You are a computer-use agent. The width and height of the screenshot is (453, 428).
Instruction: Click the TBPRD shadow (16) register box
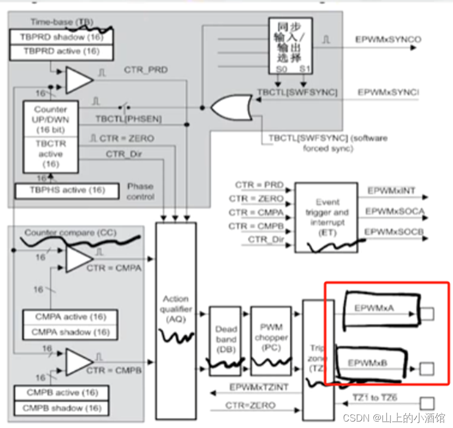point(62,37)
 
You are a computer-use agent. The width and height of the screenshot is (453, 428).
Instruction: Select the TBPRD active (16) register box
point(62,51)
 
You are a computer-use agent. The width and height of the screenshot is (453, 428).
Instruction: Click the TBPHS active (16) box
point(59,190)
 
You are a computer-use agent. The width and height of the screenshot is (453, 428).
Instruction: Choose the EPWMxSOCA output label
point(395,211)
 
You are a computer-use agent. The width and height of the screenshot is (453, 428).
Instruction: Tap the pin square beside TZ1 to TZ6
point(427,403)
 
